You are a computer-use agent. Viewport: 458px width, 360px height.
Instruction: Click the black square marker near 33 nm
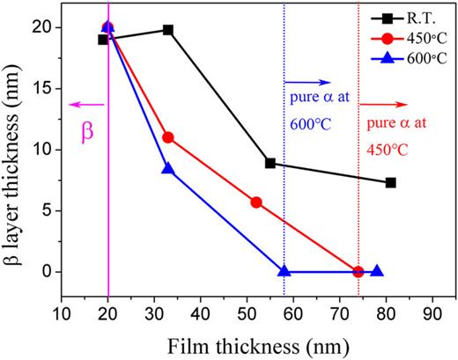tap(168, 30)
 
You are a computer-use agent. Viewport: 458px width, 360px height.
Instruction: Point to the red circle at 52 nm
tap(256, 202)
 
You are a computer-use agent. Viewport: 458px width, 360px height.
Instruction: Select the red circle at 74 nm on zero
tap(358, 271)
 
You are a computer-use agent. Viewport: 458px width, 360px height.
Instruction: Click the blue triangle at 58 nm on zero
tap(284, 271)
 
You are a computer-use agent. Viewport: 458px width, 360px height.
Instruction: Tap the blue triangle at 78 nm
tap(377, 271)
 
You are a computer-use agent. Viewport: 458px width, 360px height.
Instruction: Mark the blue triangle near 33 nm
tap(168, 168)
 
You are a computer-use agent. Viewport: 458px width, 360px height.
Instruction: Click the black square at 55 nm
tap(270, 163)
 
